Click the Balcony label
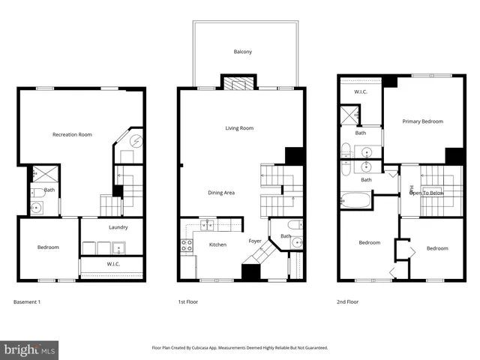click(x=242, y=52)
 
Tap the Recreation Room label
click(x=72, y=134)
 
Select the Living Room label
click(x=239, y=128)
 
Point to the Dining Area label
click(x=221, y=193)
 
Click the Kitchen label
click(x=217, y=244)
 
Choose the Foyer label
click(x=256, y=241)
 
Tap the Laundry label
click(x=118, y=227)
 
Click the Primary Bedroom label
click(x=422, y=121)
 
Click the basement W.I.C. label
click(x=113, y=264)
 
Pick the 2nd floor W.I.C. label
click(x=360, y=92)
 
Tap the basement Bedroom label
click(x=48, y=247)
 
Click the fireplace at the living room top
click(x=239, y=84)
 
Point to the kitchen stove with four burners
click(x=186, y=245)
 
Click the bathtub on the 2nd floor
click(x=355, y=202)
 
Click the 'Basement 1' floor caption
click(x=27, y=301)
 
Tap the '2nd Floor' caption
click(x=348, y=301)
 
